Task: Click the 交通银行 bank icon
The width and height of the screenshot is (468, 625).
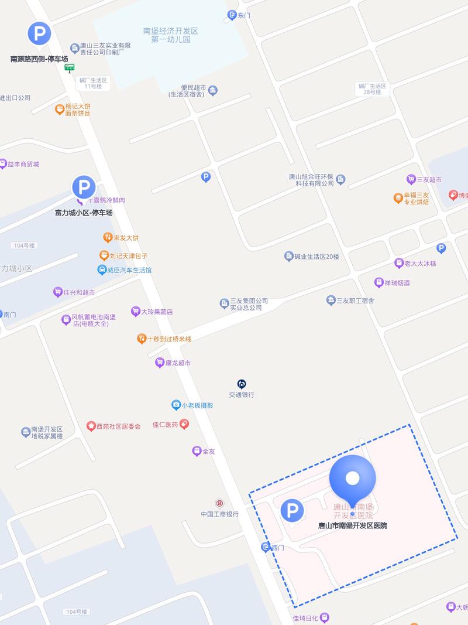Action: (x=242, y=384)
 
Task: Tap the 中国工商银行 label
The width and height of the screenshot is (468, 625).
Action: (x=219, y=514)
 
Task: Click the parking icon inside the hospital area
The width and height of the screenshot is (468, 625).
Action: (x=292, y=511)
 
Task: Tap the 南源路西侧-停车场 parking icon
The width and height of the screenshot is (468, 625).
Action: (x=39, y=33)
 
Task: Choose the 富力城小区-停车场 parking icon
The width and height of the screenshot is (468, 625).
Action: (x=84, y=188)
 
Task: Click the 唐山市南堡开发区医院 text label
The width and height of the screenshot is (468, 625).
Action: (x=352, y=526)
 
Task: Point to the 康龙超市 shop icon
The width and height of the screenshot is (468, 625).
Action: (x=159, y=363)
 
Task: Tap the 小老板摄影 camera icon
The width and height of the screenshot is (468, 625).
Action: (x=175, y=405)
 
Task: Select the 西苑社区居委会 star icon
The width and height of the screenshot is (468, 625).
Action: (x=91, y=426)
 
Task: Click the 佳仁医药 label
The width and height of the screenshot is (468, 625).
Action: (x=165, y=424)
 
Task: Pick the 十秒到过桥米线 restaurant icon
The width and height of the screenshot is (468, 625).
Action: (x=141, y=339)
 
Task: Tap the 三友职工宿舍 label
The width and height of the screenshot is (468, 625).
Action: (x=355, y=300)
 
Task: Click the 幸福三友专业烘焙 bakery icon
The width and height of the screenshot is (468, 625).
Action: (x=398, y=198)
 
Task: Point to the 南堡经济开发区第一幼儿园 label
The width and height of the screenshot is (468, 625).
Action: (x=171, y=35)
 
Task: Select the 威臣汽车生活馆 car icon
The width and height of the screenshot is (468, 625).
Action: (x=102, y=270)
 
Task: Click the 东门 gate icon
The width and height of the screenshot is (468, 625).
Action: (x=232, y=15)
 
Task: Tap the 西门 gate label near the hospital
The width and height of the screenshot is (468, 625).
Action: (x=277, y=548)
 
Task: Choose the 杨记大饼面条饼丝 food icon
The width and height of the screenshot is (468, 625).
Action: (x=59, y=109)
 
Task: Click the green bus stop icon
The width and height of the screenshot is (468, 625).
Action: (x=69, y=68)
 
